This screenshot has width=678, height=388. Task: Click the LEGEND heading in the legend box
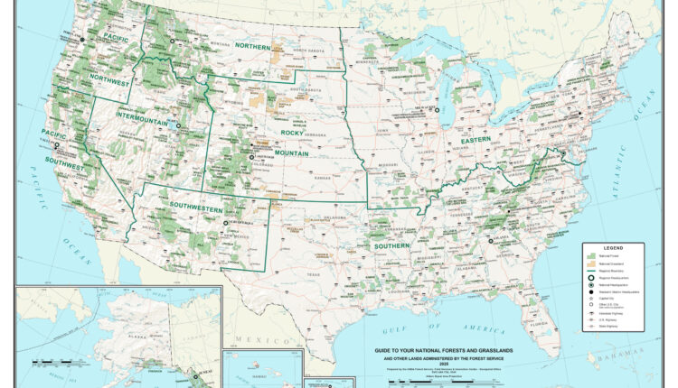(614, 247)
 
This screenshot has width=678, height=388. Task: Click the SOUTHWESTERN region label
(196, 208)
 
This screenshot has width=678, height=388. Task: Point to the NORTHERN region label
(252, 45)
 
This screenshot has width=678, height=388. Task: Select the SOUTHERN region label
(392, 245)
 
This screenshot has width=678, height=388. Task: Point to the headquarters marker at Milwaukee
(437, 110)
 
